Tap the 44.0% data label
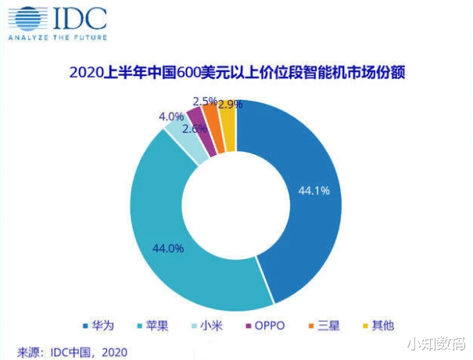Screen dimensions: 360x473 [x=167, y=249]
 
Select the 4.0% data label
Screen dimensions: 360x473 [x=171, y=117]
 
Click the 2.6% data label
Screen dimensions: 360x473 [x=195, y=129]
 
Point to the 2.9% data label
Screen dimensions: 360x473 [x=229, y=104]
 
